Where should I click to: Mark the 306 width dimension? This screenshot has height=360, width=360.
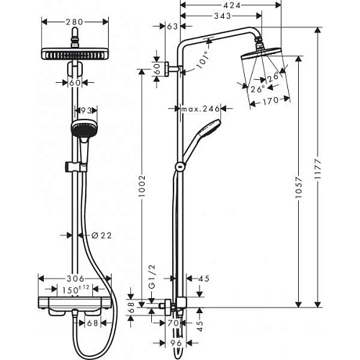[76, 279]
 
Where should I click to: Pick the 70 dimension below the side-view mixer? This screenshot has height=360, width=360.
[173, 323]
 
